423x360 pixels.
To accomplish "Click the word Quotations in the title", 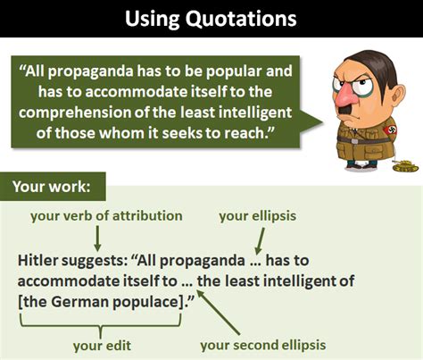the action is click(241, 19).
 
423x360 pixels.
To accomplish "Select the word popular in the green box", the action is click(234, 72).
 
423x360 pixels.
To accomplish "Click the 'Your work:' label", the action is click(52, 187).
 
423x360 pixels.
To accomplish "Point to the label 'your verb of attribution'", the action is click(106, 216).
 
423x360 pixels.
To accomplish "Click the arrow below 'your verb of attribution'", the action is click(97, 239).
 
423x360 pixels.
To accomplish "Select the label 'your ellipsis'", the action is click(258, 216).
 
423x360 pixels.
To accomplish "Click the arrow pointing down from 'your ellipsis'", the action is click(260, 241).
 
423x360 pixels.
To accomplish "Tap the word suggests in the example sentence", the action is click(96, 261).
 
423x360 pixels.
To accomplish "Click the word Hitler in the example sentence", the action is click(37, 260).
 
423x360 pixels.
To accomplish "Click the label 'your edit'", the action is click(102, 346).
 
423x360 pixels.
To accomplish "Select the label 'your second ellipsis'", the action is click(263, 346).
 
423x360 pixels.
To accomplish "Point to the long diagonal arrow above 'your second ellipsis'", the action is click(218, 312).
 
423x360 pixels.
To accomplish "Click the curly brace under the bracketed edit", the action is click(101, 326).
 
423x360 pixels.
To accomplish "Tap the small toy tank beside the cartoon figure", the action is click(405, 166).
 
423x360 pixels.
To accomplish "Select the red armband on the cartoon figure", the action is click(390, 130).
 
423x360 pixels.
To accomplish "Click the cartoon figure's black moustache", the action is click(346, 110).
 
